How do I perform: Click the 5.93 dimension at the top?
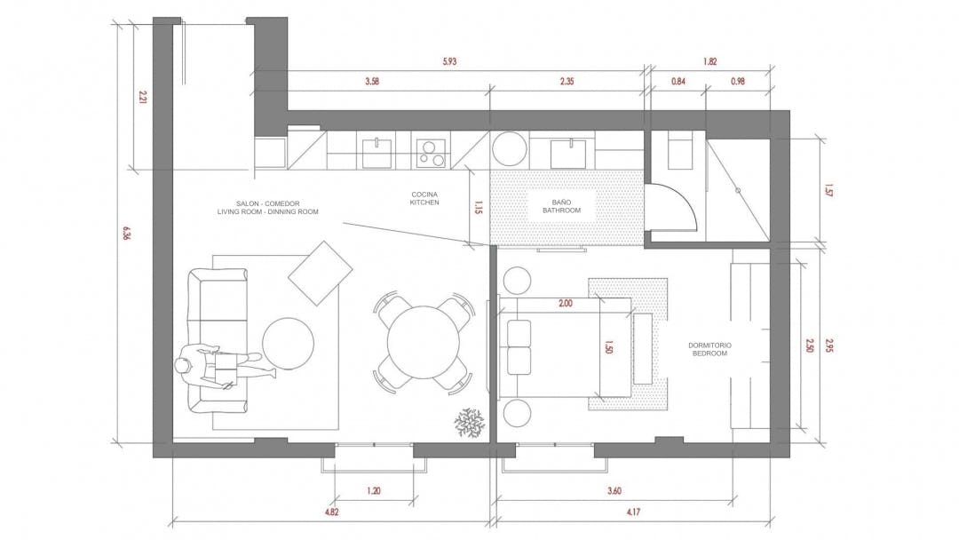point(449,62)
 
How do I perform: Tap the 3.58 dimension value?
point(372,82)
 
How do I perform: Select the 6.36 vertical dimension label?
point(127,233)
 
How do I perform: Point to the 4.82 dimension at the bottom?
point(331,512)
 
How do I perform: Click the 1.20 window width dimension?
point(374,490)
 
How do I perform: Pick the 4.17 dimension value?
point(633,512)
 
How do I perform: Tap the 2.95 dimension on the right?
point(829,345)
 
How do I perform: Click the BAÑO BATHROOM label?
point(561,206)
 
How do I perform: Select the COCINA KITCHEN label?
point(424,199)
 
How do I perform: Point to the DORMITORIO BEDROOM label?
point(709,349)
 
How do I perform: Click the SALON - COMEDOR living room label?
point(268,207)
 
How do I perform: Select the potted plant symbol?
point(469,422)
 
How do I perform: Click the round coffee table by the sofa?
point(288,343)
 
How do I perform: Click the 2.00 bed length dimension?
point(566,303)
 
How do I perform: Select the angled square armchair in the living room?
point(320,273)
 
